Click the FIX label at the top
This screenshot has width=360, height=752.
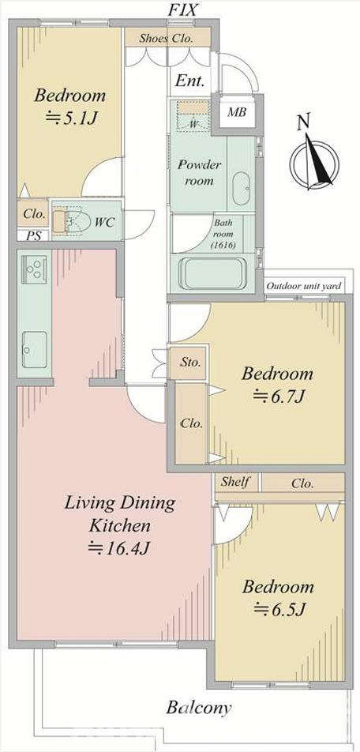click(182, 9)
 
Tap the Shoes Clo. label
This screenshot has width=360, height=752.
click(167, 39)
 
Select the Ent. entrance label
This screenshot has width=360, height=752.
click(189, 81)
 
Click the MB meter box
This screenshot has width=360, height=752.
click(237, 113)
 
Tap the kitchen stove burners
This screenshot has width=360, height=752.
click(34, 270)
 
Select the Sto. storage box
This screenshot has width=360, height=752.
click(190, 363)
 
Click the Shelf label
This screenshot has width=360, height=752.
click(235, 483)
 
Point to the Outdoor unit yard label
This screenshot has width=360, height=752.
click(303, 286)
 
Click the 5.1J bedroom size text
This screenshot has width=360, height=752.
click(72, 118)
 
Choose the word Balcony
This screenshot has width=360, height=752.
click(199, 708)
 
